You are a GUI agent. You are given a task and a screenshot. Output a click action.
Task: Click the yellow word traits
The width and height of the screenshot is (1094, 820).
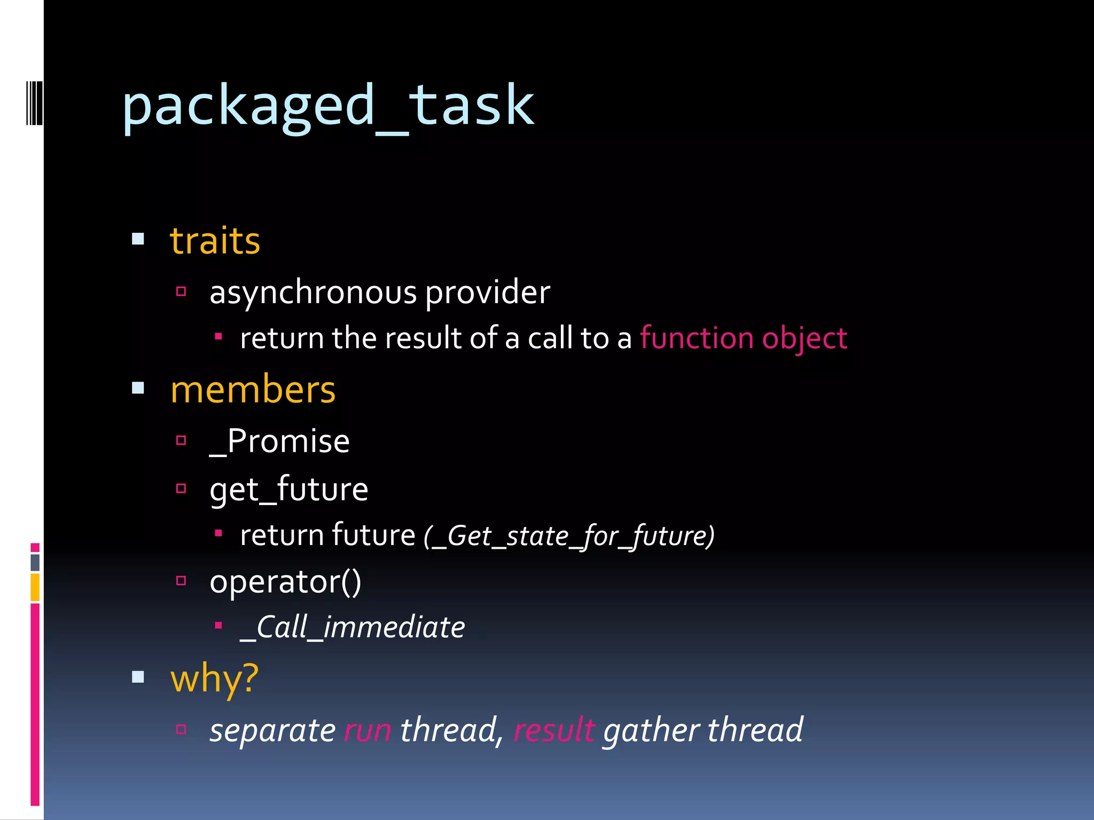coord(215,241)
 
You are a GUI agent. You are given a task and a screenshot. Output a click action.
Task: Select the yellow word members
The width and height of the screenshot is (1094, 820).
coord(253,390)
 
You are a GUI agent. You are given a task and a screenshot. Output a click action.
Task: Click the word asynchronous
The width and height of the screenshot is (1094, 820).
coord(313,293)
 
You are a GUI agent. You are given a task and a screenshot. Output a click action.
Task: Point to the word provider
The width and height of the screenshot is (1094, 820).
coord(487,293)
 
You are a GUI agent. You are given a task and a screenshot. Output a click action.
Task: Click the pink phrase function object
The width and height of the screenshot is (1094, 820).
coord(743,338)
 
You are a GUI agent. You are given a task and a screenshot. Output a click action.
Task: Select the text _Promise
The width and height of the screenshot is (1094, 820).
coord(279,441)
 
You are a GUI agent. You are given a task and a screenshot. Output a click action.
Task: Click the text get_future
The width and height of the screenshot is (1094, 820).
coord(288,489)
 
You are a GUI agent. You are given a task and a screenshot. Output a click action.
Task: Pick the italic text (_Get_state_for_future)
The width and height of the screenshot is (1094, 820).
coord(569,535)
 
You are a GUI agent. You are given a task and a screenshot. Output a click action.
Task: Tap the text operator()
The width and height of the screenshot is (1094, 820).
coord(285,581)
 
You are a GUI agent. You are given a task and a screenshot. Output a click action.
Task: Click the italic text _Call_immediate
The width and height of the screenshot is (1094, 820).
coord(353,627)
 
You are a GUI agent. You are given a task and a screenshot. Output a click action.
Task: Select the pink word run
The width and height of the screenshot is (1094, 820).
coord(368,730)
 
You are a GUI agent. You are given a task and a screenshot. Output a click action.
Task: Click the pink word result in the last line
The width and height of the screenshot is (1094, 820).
coord(553,730)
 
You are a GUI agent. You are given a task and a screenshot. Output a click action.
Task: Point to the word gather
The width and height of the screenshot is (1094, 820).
coord(651,730)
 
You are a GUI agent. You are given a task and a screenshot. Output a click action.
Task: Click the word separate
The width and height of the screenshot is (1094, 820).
coord(272,730)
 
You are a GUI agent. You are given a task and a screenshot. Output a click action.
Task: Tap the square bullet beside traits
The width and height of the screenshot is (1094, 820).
coord(138,239)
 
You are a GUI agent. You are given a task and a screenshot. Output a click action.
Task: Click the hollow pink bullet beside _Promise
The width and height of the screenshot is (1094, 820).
coord(181,440)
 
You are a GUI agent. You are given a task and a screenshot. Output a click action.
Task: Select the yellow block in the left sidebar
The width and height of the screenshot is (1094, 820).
coord(35,587)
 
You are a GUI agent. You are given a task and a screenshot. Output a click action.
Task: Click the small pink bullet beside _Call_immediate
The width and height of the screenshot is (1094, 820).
coord(218,625)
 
